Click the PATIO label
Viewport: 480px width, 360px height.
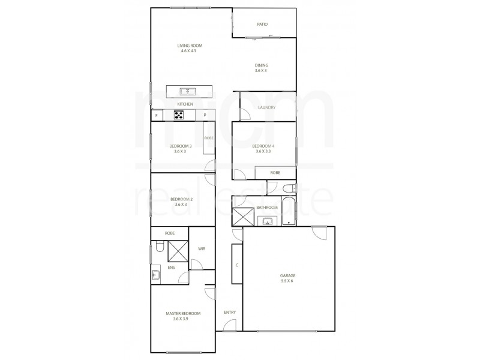click(262, 25)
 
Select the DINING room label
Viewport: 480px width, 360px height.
click(261, 65)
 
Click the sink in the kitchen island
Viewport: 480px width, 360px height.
click(188, 91)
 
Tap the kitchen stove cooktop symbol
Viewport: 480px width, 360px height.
click(179, 115)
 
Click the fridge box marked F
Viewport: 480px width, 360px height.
click(156, 115)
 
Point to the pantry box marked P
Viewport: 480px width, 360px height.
click(205, 115)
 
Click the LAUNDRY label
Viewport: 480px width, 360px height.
click(266, 108)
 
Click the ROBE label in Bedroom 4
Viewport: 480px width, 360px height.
click(275, 173)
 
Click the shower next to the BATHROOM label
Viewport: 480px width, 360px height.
click(244, 215)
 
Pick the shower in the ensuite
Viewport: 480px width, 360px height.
click(178, 250)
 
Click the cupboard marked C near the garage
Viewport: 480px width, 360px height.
click(237, 265)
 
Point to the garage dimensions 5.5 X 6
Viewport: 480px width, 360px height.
click(288, 281)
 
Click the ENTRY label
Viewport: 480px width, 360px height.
click(230, 312)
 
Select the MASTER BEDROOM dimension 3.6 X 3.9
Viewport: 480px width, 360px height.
click(181, 319)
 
